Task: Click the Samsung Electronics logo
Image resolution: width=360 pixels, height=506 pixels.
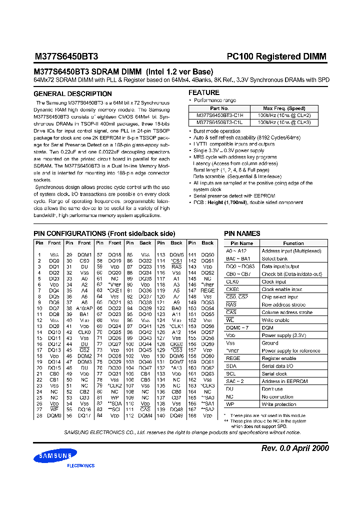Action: [x=55, y=457]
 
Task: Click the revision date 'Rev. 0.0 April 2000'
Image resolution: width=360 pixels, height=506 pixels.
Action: [x=295, y=448]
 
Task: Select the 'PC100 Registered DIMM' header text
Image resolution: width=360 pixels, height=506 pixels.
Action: [x=276, y=56]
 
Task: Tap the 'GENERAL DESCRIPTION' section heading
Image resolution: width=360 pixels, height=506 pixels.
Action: [x=72, y=94]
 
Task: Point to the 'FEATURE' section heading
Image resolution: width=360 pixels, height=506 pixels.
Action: [x=203, y=92]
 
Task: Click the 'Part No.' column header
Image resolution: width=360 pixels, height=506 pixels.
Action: [x=219, y=108]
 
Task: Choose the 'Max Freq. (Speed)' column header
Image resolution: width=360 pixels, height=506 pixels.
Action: [x=284, y=108]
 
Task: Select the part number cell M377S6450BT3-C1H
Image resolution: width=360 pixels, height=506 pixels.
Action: [x=219, y=115]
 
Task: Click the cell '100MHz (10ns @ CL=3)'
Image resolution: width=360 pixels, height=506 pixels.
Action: [x=284, y=121]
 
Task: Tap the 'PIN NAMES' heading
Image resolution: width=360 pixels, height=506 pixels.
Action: [x=242, y=233]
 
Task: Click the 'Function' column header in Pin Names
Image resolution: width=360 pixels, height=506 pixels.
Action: [x=293, y=243]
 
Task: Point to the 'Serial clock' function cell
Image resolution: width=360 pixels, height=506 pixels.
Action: [x=275, y=373]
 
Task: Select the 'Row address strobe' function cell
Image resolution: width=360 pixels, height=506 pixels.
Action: [x=283, y=304]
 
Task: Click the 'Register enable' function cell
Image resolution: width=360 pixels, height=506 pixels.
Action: [x=279, y=358]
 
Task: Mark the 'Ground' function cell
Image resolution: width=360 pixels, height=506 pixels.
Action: [x=270, y=343]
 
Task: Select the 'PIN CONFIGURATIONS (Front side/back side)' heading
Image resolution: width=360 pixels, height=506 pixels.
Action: [x=104, y=233]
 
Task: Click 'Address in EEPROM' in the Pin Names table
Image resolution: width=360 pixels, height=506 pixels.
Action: [x=285, y=381]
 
